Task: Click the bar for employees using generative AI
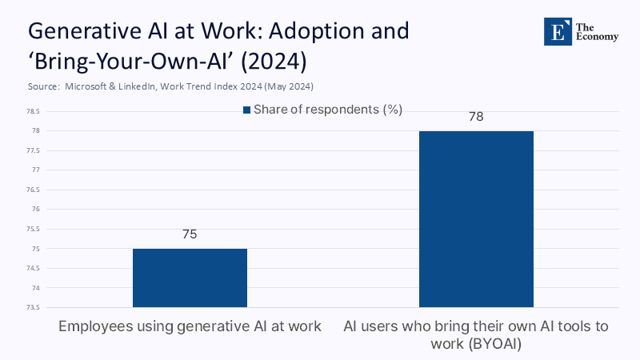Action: tap(190, 278)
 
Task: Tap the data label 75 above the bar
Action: tap(190, 234)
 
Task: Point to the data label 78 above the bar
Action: tap(476, 117)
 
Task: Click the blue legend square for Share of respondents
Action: tap(248, 110)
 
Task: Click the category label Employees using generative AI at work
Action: tap(190, 326)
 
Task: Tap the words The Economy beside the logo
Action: tap(602, 31)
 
